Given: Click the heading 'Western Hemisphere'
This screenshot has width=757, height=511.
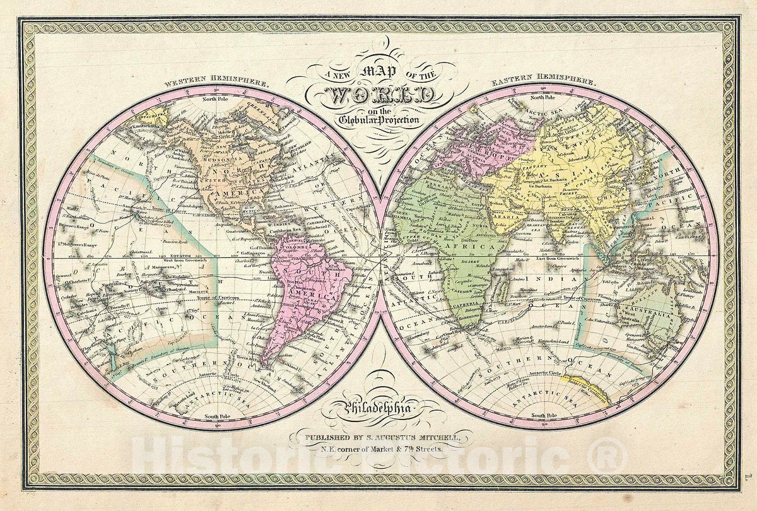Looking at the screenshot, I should (x=216, y=83).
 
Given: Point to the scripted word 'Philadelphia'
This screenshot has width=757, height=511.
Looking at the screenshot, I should (x=378, y=409).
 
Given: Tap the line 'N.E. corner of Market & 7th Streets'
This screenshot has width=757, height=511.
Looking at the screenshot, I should (x=378, y=448).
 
